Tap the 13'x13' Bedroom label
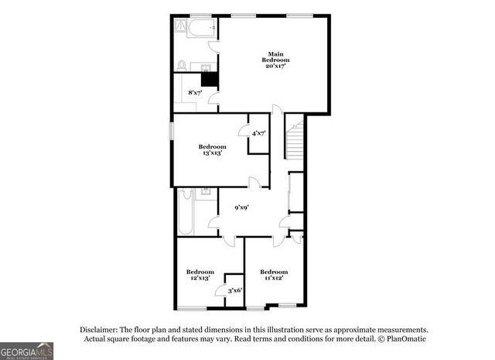[211, 150]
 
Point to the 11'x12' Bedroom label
[274, 275]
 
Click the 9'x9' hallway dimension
[241, 207]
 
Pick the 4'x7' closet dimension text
[258, 134]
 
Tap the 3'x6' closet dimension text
[234, 290]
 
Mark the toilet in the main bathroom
[182, 65]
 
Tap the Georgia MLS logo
[27, 350]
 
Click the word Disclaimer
[100, 328]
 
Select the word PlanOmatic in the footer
[406, 338]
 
